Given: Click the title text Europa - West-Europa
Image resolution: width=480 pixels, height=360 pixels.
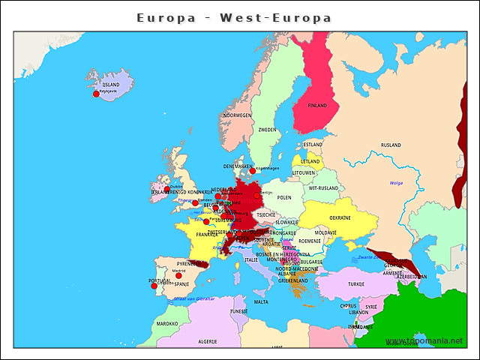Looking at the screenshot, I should pos(234,17).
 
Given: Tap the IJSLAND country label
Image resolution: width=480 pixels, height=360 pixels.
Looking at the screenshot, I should pos(110,85).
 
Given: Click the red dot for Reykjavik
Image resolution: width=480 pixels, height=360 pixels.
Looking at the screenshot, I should pos(96,94).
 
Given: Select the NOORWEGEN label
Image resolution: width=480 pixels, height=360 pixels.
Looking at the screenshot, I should pos(237,115).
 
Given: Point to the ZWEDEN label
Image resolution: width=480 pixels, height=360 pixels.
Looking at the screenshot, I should pos(267,130).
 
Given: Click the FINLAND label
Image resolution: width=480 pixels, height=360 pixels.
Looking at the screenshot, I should pos(317,106).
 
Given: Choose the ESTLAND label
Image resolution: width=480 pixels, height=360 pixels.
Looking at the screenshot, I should pos(313,145).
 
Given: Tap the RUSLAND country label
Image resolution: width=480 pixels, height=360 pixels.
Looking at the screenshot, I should pos(391,145).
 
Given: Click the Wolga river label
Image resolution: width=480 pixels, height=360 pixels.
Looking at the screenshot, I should pos(397,182).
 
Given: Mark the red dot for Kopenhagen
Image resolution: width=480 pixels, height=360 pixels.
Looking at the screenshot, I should pos(252,170).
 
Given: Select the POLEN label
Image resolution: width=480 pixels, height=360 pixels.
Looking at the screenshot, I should pos(284,198).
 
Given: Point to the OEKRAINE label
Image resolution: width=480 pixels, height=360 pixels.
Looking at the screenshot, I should pos(340,217).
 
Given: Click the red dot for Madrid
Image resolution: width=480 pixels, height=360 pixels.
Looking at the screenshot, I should pos(178,275).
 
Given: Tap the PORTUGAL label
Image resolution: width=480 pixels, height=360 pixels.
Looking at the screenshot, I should pos(160,280).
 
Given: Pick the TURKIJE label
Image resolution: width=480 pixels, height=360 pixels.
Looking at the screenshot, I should pos(356,284).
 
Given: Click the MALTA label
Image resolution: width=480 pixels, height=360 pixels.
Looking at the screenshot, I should pos(261,302).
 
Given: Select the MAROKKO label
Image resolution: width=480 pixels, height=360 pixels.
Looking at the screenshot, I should pos(167,324).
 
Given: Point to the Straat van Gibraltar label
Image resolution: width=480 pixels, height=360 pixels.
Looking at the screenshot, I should pos(194,298).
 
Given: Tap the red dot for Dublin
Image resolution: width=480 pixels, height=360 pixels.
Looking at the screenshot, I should pos(167,190).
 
